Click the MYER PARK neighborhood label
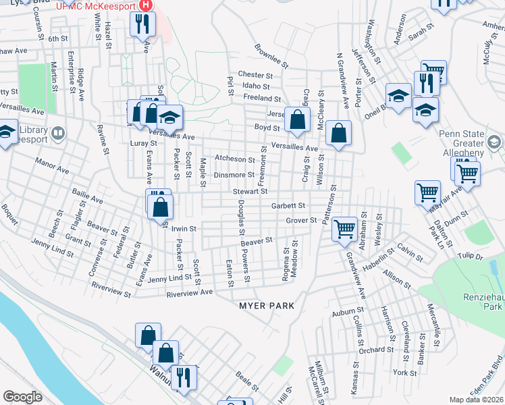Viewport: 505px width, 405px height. pyautogui.click(x=267, y=306)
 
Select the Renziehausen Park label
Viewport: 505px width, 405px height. pyautogui.click(x=481, y=299)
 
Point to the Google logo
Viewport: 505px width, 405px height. pyautogui.click(x=22, y=397)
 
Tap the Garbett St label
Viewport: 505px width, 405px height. pyautogui.click(x=288, y=205)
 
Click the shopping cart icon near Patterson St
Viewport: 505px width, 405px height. pyautogui.click(x=344, y=229)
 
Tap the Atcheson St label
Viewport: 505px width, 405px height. pyautogui.click(x=234, y=159)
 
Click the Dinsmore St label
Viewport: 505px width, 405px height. pyautogui.click(x=234, y=175)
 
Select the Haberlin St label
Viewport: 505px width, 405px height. pyautogui.click(x=378, y=260)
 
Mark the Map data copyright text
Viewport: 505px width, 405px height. pyautogui.click(x=476, y=400)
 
